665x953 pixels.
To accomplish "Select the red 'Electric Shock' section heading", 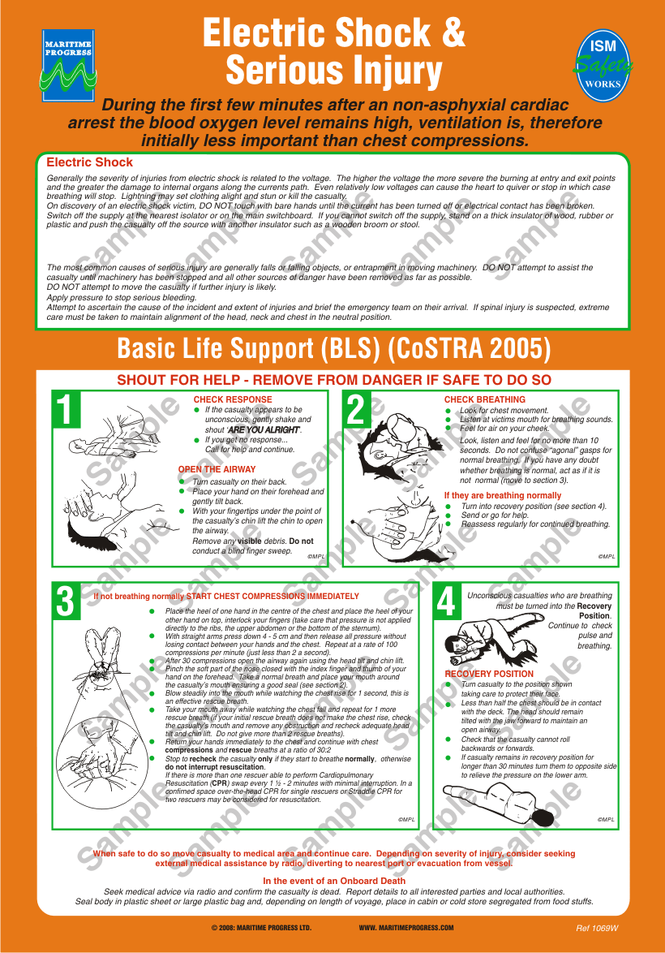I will [x=89, y=162].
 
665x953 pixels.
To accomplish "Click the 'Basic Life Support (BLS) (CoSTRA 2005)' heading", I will [x=333, y=349].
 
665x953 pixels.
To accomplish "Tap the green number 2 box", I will [x=355, y=409].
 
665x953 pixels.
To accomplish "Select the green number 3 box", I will [x=66, y=602].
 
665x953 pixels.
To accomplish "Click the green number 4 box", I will [x=446, y=602].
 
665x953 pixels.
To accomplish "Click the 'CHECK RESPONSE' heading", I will [x=233, y=399].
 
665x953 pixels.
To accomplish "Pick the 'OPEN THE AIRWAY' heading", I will [x=217, y=469].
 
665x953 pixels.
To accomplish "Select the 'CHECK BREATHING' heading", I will [x=484, y=399].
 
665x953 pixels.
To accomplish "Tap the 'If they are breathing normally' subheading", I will [x=502, y=495].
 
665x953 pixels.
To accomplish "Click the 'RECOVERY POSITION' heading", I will [x=489, y=674].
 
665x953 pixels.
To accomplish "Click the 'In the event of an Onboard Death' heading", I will [x=334, y=881].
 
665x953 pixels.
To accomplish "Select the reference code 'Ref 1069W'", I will [x=597, y=928].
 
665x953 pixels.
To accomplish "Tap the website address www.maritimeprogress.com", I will [x=405, y=928].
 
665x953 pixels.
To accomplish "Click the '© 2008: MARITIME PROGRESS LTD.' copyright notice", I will [x=261, y=928].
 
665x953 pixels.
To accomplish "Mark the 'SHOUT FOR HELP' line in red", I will [x=333, y=380].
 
